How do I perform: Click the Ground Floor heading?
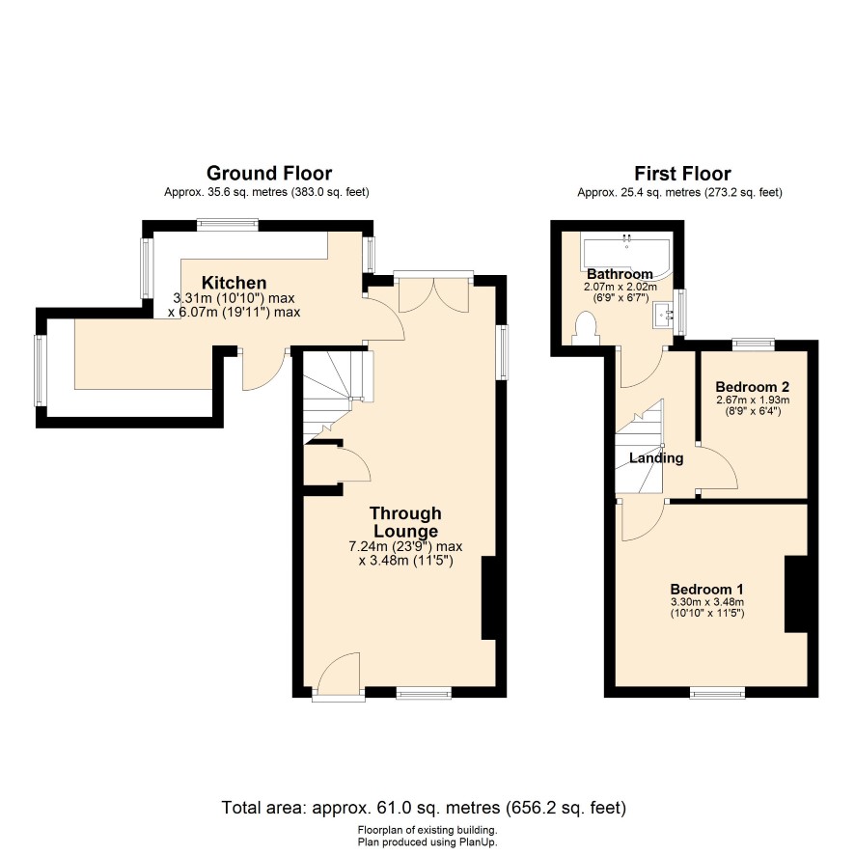269,174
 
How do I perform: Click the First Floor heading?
682,174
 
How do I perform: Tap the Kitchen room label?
234,283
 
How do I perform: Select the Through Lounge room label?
405,522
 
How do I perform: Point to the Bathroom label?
620,274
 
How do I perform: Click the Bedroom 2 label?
753,387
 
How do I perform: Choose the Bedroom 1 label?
706,589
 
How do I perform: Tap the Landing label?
656,457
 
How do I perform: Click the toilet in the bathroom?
585,328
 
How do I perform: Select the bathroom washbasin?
664,316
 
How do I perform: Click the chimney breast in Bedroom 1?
795,593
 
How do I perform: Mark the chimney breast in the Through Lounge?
488,597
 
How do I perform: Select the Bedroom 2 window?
754,345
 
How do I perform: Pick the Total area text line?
424,807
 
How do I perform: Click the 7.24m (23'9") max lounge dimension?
405,546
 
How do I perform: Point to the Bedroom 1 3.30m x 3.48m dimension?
707,602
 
